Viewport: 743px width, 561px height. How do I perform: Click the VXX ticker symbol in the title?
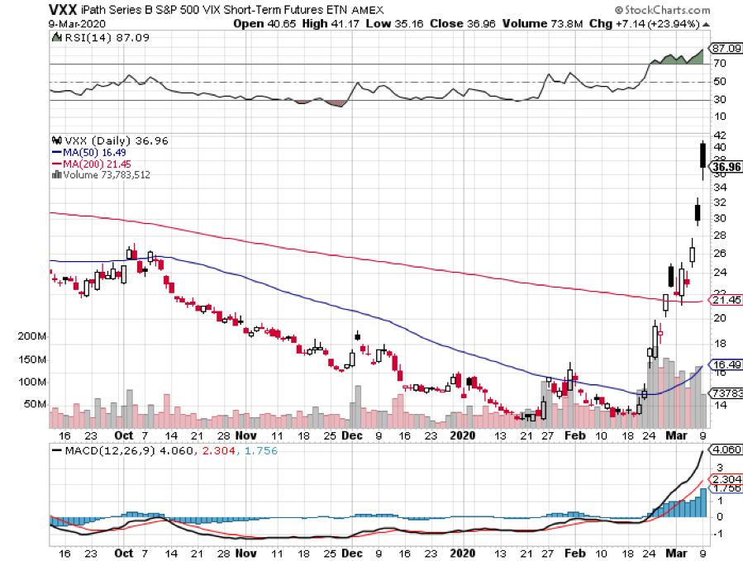(x=65, y=9)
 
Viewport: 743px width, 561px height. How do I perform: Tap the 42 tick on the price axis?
(x=720, y=135)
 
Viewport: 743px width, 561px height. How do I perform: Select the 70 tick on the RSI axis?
(x=720, y=64)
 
